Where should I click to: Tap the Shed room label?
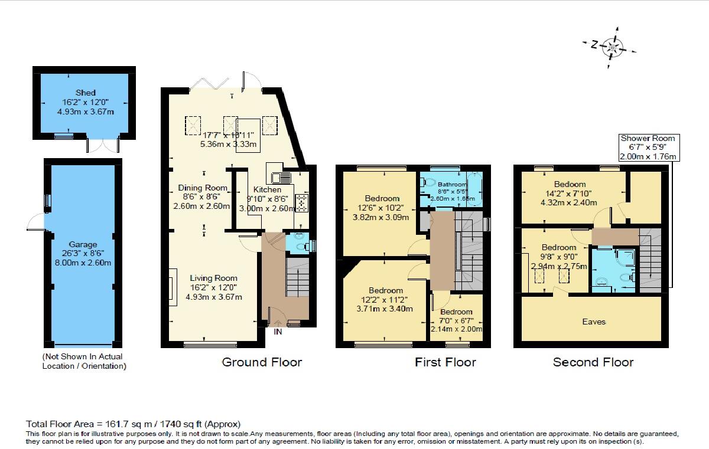[85, 93]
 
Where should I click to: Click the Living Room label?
[213, 278]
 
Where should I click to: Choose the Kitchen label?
[267, 189]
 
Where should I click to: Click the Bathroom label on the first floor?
[451, 184]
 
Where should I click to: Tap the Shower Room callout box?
[648, 148]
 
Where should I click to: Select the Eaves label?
[594, 322]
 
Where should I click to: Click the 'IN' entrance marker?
[278, 332]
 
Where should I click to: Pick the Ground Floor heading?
[261, 362]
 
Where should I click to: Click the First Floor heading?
[445, 362]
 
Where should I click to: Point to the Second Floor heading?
[593, 362]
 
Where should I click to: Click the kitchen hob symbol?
[301, 203]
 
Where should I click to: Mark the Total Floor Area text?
[134, 424]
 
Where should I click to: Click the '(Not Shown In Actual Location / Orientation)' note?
[83, 361]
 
